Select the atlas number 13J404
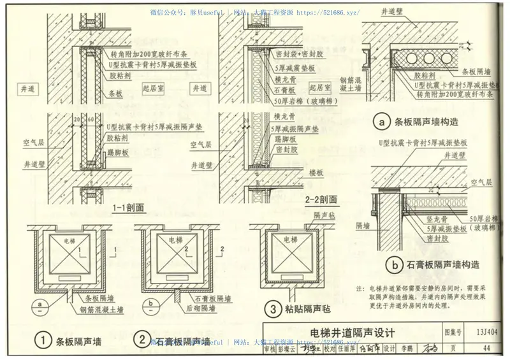pos(486,332)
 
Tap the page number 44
pos(486,348)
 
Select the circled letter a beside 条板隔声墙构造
pos(382,122)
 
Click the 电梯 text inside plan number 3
pos(290,240)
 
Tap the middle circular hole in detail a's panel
pos(425,61)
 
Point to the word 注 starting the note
pos(361,289)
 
